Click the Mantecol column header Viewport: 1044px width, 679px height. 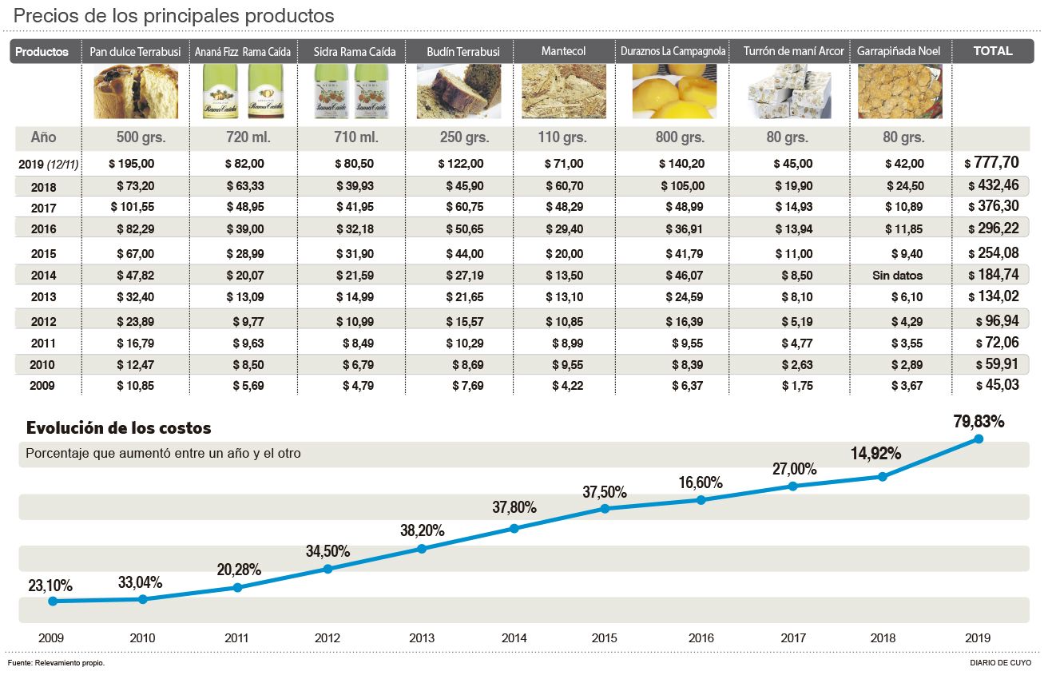pyautogui.click(x=563, y=51)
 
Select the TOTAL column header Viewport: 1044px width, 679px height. pyautogui.click(x=992, y=51)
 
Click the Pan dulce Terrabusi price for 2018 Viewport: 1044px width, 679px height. pyautogui.click(x=132, y=186)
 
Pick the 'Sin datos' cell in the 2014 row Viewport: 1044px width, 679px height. pyautogui.click(x=897, y=276)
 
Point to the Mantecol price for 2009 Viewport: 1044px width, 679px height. pyautogui.click(x=567, y=385)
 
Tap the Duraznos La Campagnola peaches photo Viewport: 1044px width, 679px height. pyautogui.click(x=673, y=92)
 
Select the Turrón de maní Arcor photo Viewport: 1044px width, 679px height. pyautogui.click(x=788, y=92)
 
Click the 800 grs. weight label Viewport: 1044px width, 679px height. pyautogui.click(x=680, y=137)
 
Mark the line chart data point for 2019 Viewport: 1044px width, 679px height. pyautogui.click(x=978, y=439)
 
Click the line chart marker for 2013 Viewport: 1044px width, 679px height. pyautogui.click(x=422, y=549)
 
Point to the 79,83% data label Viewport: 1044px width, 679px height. pyautogui.click(x=978, y=421)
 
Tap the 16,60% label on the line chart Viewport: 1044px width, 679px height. pyautogui.click(x=701, y=482)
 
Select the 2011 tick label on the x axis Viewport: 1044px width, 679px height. pyautogui.click(x=236, y=638)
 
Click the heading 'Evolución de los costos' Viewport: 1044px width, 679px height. pyautogui.click(x=119, y=428)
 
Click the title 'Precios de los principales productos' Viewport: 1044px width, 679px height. pyautogui.click(x=174, y=16)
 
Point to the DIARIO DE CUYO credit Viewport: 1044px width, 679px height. pyautogui.click(x=1000, y=663)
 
